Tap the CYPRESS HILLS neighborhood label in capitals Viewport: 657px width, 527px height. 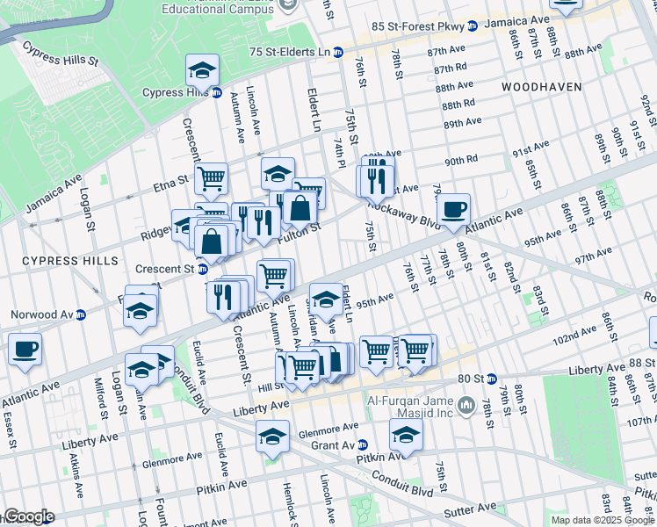[x=69, y=261]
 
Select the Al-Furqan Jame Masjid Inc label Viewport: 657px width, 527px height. [x=411, y=404]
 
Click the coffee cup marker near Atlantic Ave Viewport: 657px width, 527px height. [x=453, y=209]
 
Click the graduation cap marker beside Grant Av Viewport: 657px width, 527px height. [x=406, y=433]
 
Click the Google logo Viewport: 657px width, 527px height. [x=28, y=516]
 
